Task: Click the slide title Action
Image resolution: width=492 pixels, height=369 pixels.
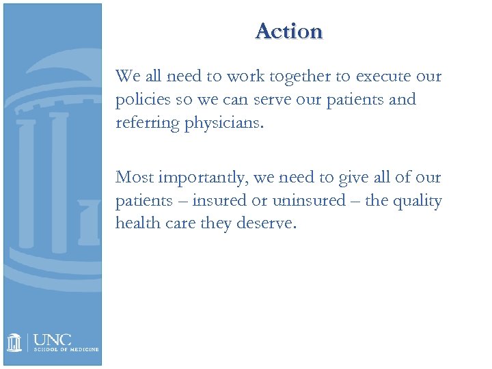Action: coord(289,31)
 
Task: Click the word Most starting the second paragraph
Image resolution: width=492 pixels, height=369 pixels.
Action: coord(135,178)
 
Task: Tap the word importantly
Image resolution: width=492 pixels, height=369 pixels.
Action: coord(204,178)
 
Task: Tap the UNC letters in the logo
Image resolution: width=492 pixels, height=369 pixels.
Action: coord(53,340)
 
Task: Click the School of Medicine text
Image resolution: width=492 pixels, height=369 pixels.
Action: coord(66,349)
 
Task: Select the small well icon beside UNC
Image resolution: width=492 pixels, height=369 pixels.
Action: coord(16,342)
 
